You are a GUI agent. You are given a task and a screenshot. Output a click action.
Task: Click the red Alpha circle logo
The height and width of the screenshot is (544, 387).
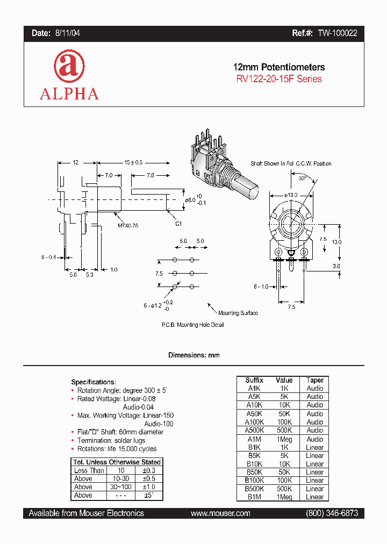[69, 67]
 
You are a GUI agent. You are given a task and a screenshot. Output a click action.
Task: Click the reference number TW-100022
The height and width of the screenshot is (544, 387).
[336, 33]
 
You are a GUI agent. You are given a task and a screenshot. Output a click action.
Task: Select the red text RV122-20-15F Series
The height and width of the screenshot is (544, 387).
[278, 79]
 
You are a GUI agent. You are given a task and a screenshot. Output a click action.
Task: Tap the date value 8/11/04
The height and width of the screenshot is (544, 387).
[67, 33]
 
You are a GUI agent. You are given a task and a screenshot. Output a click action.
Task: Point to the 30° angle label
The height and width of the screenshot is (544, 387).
[303, 177]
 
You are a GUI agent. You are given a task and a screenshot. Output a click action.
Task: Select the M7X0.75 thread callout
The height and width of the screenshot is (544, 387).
[128, 226]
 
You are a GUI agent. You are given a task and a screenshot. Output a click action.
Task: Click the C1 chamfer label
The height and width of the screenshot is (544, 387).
[179, 223]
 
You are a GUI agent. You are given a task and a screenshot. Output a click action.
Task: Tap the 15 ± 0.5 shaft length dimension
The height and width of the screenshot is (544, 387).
[134, 162]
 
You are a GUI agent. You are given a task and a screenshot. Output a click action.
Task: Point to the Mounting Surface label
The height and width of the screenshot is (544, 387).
[238, 313]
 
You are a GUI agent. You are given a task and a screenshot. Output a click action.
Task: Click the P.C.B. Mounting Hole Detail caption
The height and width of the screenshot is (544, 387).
[192, 325]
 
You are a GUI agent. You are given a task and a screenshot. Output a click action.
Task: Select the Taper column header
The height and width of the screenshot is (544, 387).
[314, 380]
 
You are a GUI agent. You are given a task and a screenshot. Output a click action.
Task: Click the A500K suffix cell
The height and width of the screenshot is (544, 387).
[254, 430]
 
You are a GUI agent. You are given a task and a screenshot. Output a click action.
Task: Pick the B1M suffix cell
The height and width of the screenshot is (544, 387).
[254, 497]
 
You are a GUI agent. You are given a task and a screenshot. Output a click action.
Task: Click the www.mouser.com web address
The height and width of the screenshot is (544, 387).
[220, 513]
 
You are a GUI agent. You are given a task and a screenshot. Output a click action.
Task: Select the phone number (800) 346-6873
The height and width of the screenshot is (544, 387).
[331, 513]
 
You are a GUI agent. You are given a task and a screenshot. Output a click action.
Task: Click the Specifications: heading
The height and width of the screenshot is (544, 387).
[94, 382]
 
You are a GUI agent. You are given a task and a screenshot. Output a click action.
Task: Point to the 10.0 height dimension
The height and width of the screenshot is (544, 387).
[336, 242]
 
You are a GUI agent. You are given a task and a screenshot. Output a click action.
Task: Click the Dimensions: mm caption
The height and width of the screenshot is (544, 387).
[193, 355]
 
